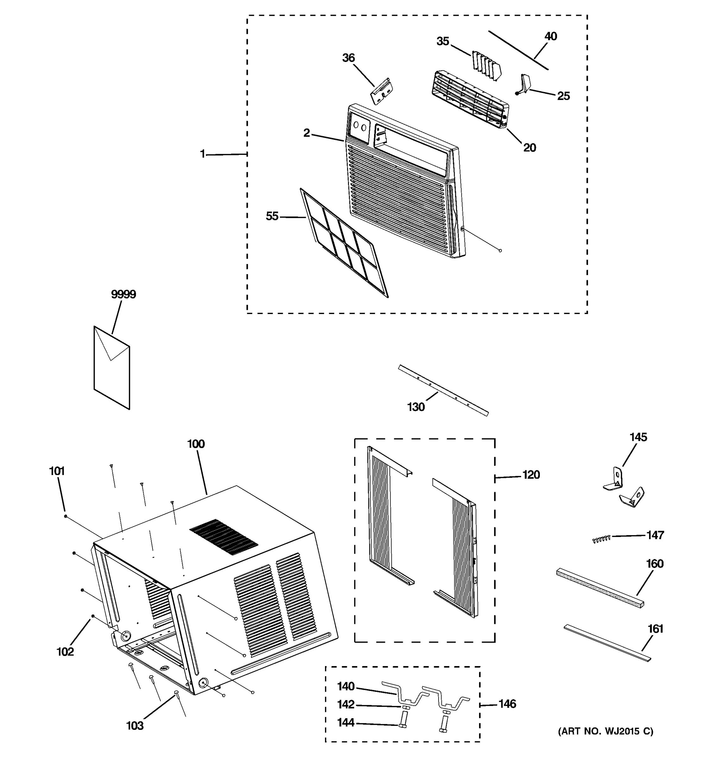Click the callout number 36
pos(348,58)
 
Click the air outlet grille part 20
pos(470,99)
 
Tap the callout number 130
pos(415,407)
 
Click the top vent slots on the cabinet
pos(223,536)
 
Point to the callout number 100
pos(196,444)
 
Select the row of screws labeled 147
pos(601,539)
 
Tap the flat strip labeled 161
pos(607,643)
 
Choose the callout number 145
pos(638,437)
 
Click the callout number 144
pos(346,722)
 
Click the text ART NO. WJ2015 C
pos(606,731)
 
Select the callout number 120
pos(531,475)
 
